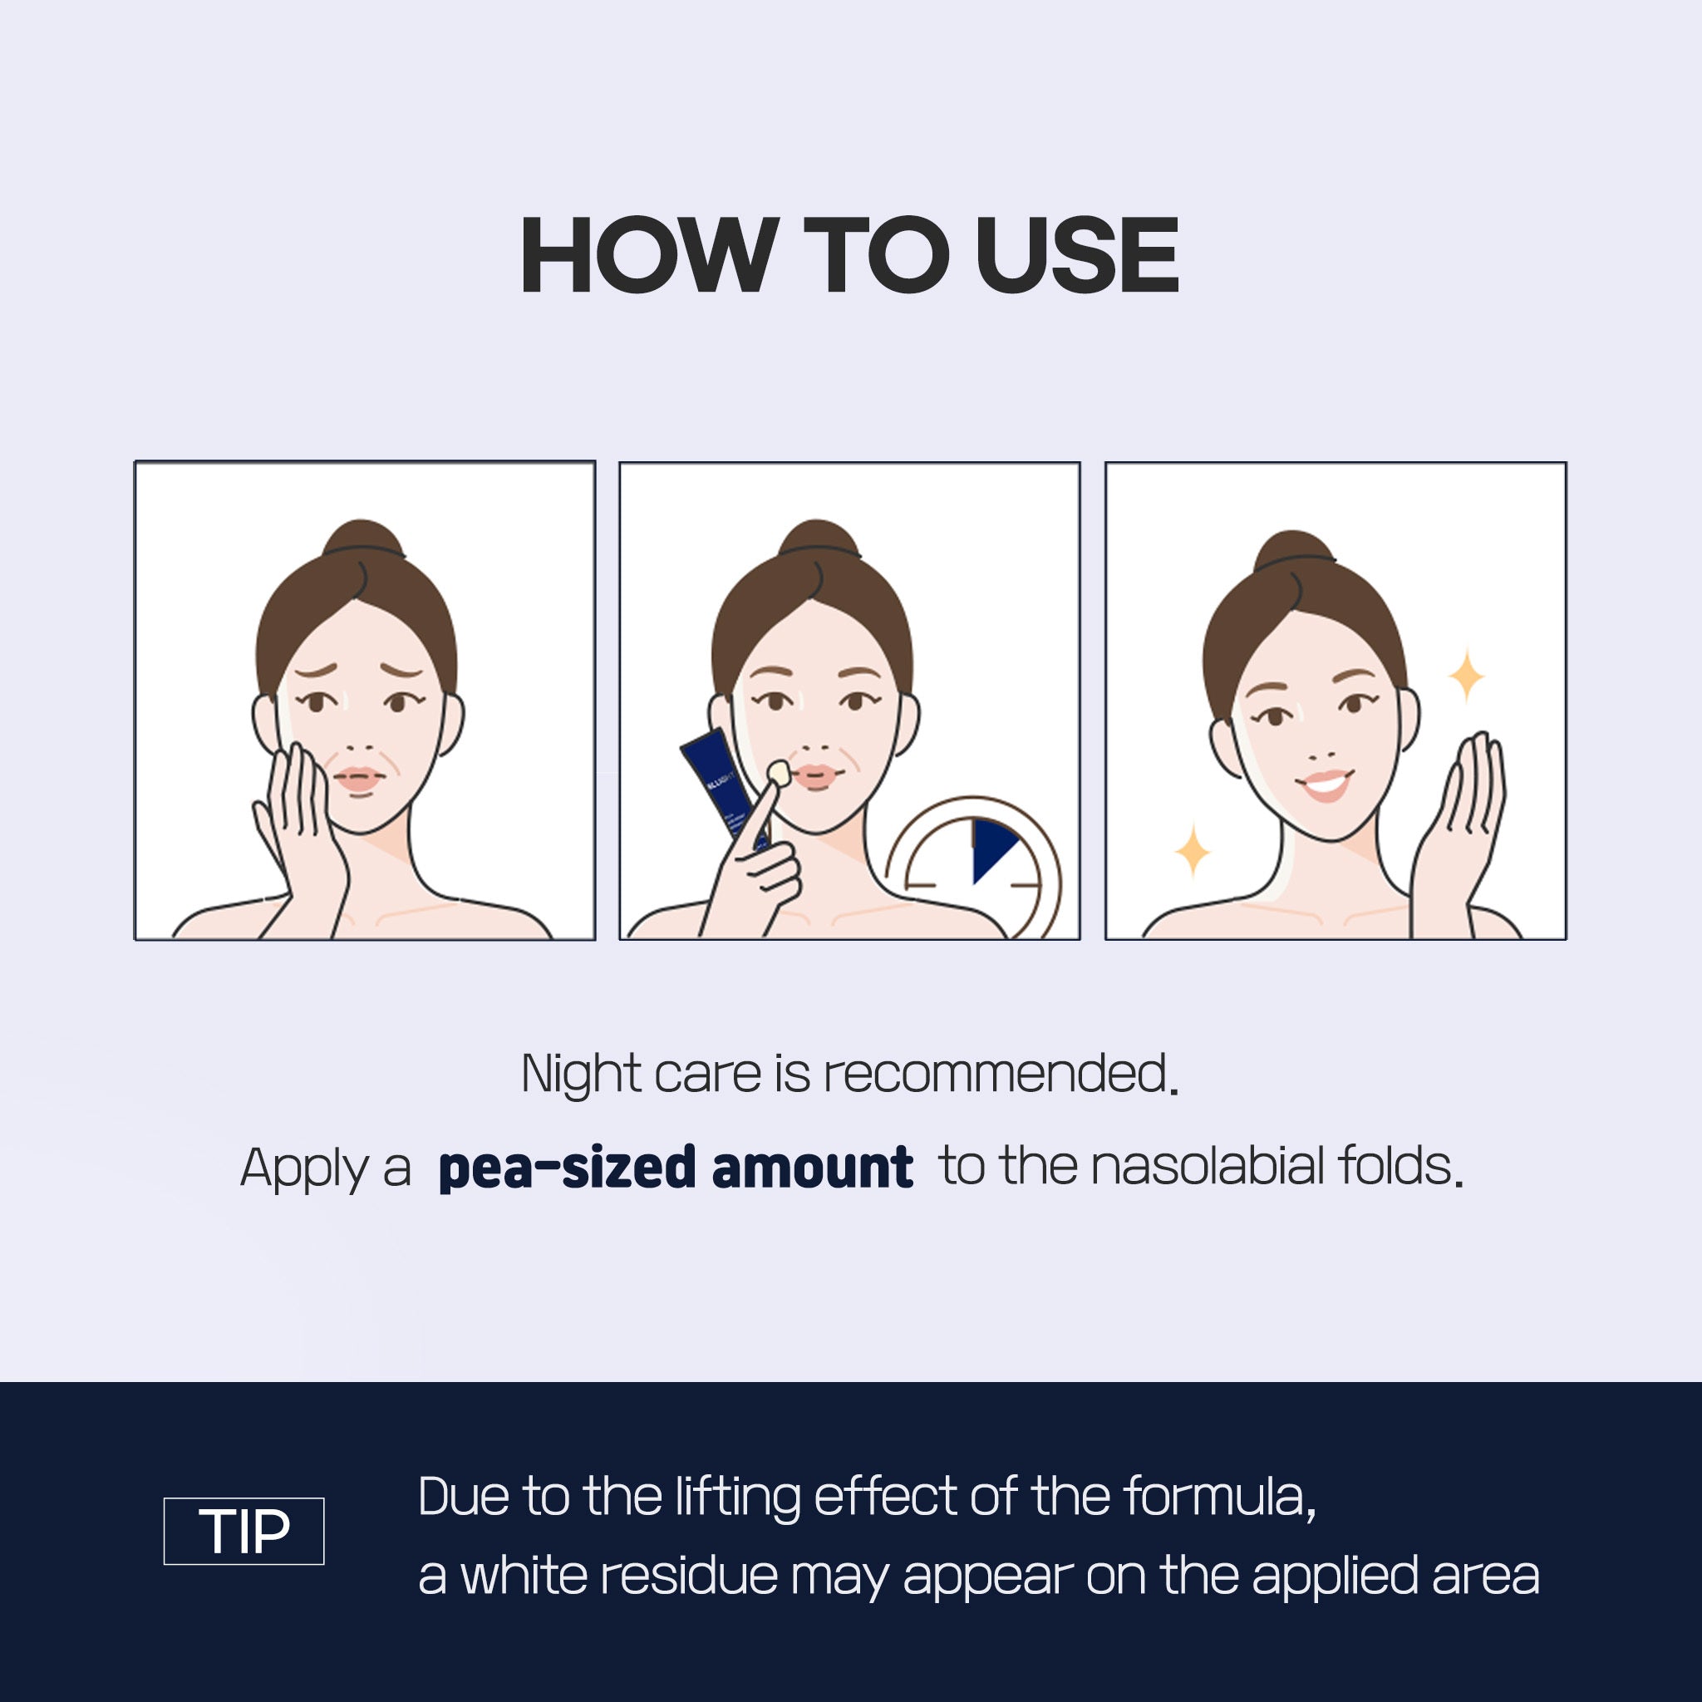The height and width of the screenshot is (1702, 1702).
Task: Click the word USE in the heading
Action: point(1076,255)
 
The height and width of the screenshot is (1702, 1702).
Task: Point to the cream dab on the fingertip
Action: point(777,772)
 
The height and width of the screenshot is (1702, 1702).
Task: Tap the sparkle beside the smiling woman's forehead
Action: point(1467,676)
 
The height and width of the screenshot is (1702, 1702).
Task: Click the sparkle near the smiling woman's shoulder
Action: point(1193,851)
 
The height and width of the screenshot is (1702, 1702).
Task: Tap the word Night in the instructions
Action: point(581,1074)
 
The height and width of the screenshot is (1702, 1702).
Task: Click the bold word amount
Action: point(811,1168)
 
